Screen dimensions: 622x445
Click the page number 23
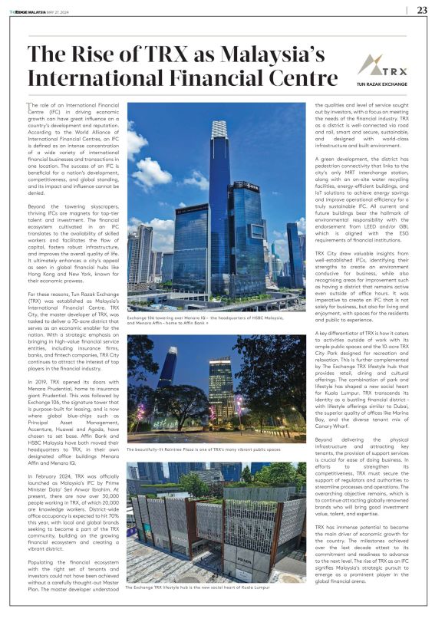(422, 10)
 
